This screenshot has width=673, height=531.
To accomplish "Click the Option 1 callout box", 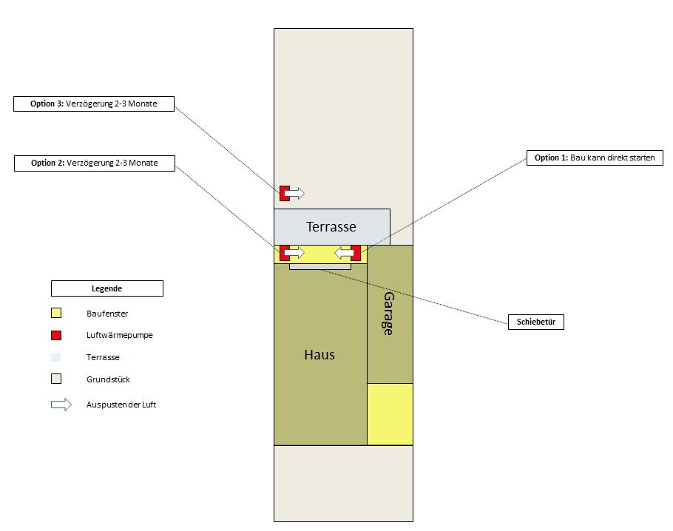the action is [x=595, y=158].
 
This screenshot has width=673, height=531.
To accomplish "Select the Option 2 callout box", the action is [x=95, y=163].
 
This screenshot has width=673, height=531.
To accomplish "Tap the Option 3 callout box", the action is [x=94, y=104].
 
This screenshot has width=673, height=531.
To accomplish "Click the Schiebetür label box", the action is [x=535, y=322].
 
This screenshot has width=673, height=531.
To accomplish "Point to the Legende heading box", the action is [x=107, y=288].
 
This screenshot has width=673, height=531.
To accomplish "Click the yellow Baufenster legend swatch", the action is [x=56, y=313].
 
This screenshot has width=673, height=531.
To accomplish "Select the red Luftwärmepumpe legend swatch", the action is [x=56, y=335].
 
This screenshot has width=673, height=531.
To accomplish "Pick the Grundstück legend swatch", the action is [x=56, y=379].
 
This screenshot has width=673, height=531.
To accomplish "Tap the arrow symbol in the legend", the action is [x=61, y=405].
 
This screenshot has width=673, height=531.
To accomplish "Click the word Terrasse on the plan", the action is [x=331, y=226].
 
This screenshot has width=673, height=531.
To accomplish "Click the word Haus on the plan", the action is [x=319, y=354].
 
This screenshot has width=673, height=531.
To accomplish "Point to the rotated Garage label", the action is [x=388, y=314].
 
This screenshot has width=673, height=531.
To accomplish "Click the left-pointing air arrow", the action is [x=344, y=253].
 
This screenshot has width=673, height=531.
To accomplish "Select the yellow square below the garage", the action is [x=390, y=414].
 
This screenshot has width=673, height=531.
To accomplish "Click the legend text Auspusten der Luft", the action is [x=121, y=405].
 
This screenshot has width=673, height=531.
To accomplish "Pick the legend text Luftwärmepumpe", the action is [x=119, y=335].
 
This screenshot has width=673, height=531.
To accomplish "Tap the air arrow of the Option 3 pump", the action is [x=294, y=193].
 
